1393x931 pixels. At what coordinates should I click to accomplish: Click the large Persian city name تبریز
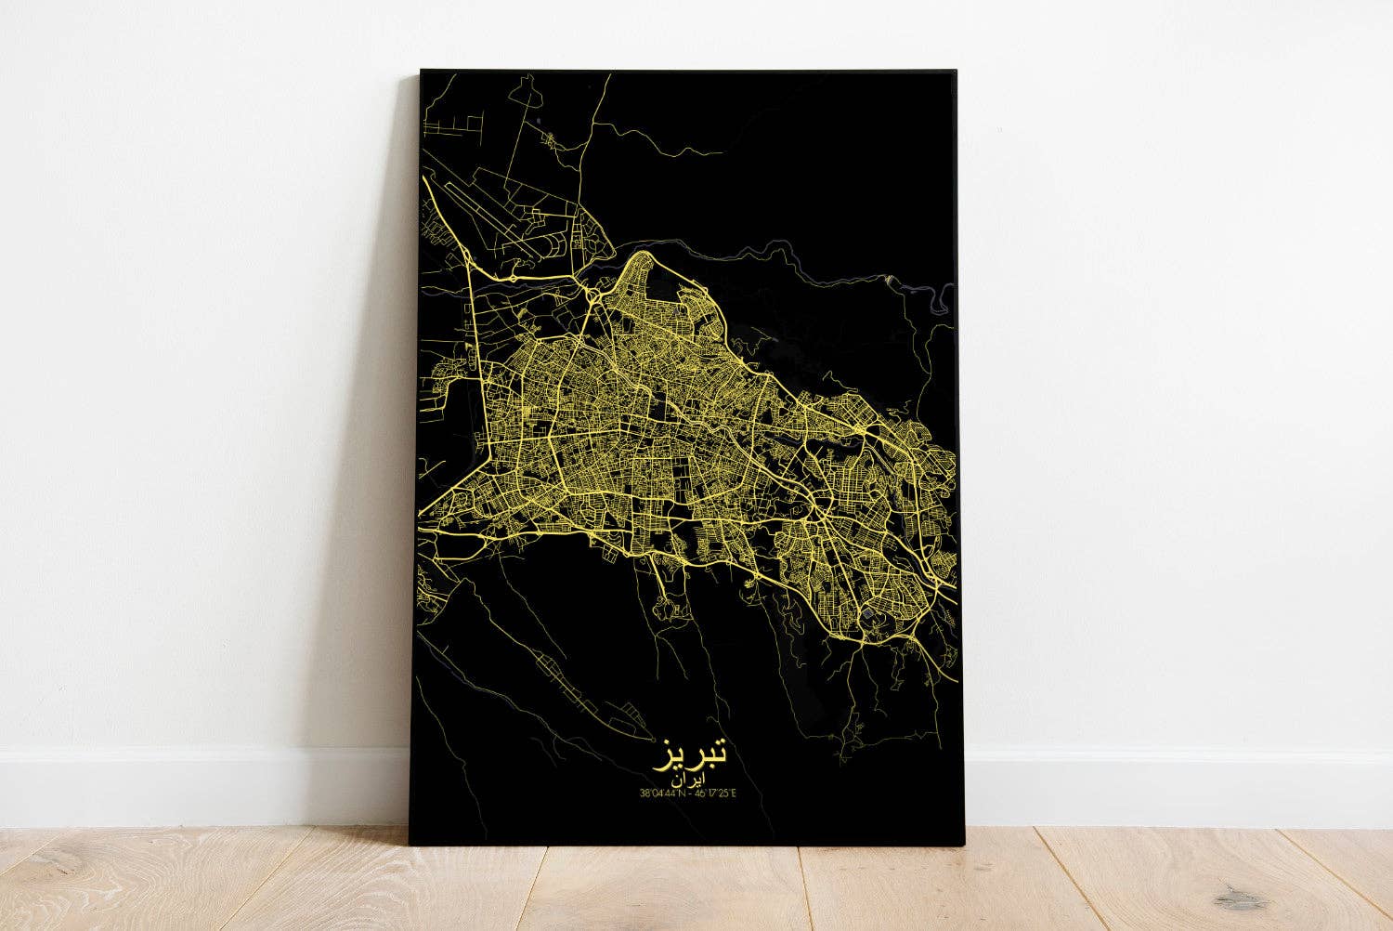tap(695, 751)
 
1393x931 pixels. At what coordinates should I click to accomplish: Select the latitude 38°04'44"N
tap(665, 793)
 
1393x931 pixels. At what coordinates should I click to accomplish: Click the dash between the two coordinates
tap(694, 793)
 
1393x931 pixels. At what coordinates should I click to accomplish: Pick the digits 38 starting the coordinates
tap(644, 793)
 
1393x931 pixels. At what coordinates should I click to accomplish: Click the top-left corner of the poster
tap(422, 71)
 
